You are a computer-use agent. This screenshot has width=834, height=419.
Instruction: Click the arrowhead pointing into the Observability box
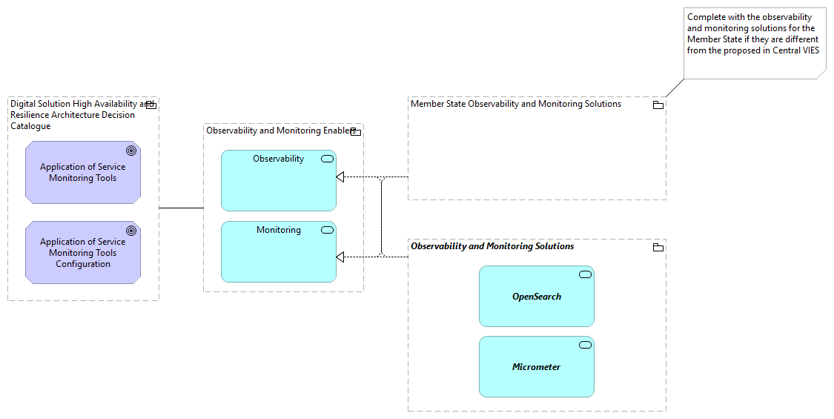(340, 177)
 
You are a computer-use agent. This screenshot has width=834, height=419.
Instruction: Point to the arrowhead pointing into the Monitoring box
(340, 257)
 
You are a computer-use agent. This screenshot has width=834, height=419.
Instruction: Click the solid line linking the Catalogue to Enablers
(181, 208)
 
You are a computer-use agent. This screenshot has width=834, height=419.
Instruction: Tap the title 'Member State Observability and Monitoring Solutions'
(516, 104)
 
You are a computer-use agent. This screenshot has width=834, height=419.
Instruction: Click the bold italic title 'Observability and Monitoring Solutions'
(492, 246)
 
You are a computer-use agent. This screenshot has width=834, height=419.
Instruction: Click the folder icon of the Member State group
(658, 105)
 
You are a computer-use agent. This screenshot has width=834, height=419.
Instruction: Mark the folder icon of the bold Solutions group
(658, 247)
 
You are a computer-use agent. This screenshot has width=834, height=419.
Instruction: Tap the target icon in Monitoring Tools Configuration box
(131, 231)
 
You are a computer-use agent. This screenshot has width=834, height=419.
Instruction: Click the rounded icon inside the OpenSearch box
(585, 274)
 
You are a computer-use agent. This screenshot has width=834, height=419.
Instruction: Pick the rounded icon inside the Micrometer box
(585, 345)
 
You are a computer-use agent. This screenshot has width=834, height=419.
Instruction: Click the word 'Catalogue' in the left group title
(30, 126)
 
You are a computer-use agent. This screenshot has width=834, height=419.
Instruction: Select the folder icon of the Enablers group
(355, 132)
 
